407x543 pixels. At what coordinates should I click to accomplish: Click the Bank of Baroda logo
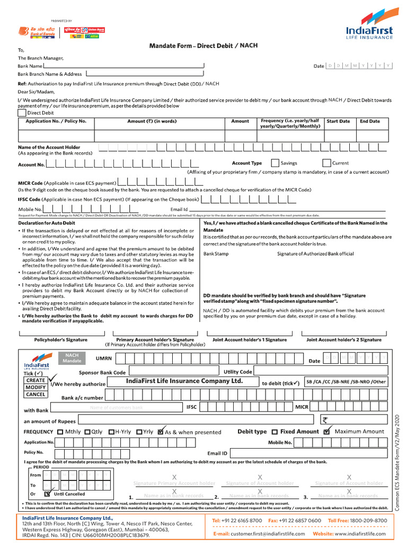click(x=30, y=31)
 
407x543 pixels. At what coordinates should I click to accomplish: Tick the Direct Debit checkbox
click(x=21, y=112)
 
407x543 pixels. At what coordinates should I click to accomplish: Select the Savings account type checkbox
click(x=275, y=163)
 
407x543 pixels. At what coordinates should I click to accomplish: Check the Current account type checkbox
click(x=327, y=163)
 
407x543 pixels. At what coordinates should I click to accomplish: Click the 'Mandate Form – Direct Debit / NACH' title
click(x=203, y=46)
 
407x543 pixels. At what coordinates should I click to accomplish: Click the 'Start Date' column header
click(x=338, y=121)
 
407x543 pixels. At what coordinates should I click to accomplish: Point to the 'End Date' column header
click(x=370, y=121)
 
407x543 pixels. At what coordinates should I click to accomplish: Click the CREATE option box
click(x=36, y=380)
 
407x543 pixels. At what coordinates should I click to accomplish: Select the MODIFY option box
click(x=36, y=388)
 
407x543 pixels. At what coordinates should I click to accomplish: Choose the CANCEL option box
click(x=36, y=395)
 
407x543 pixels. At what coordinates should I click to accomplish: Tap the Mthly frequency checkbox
click(x=60, y=432)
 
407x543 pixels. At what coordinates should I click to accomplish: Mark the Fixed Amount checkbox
click(x=275, y=432)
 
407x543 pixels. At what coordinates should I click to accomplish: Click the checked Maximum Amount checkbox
click(x=327, y=432)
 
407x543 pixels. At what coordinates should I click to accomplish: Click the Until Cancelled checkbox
click(x=47, y=494)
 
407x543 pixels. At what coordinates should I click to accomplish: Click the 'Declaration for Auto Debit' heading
click(x=50, y=223)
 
